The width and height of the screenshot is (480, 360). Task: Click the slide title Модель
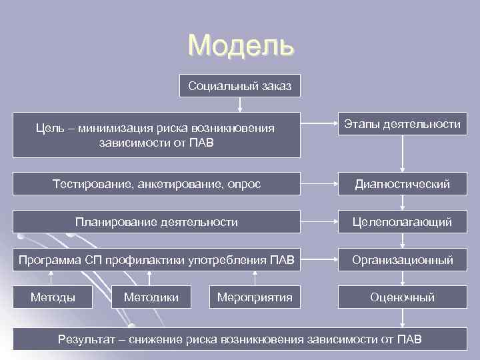click(x=240, y=45)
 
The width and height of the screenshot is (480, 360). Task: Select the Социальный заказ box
click(x=239, y=86)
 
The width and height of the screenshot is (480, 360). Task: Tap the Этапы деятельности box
click(x=402, y=125)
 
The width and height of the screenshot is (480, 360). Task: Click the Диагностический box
click(x=402, y=183)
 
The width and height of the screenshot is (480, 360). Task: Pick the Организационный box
click(x=402, y=260)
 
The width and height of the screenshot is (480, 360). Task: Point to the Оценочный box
click(x=402, y=297)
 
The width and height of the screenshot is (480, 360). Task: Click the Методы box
click(x=53, y=297)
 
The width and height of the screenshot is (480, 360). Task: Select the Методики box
click(x=151, y=297)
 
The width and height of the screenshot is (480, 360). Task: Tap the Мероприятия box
click(x=255, y=297)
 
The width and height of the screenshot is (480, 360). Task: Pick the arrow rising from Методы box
click(x=49, y=277)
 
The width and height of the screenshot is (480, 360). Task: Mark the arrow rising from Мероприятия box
click(x=255, y=277)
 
